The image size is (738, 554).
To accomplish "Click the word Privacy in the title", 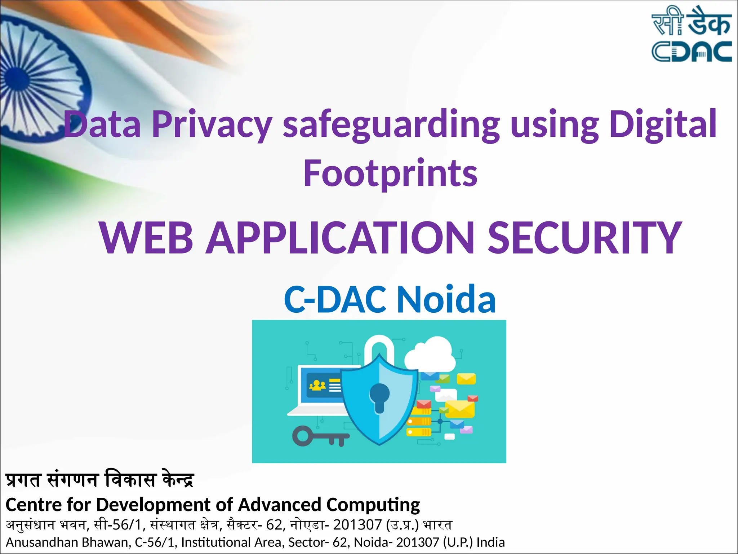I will tap(212, 124).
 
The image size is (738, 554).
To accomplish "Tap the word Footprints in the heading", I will tap(390, 173).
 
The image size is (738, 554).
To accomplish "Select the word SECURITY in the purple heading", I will tap(584, 238).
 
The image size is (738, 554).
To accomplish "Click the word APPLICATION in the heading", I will tap(340, 238).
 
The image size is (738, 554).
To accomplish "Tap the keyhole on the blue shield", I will tap(379, 397).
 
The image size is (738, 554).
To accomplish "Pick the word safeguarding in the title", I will tap(391, 124).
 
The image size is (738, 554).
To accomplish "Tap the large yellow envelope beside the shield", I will tap(459, 409).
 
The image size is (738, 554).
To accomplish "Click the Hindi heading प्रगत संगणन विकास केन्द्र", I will tap(100, 480).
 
